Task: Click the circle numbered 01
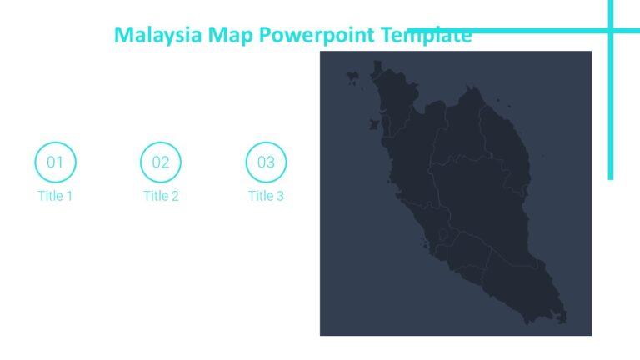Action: (x=55, y=162)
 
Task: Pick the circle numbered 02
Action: (x=161, y=162)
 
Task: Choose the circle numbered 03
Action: (x=266, y=162)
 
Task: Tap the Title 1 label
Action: (x=55, y=196)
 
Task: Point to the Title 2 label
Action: (x=161, y=196)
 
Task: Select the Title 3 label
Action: (x=266, y=196)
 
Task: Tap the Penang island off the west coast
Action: (x=373, y=124)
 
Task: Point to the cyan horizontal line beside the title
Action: (x=533, y=32)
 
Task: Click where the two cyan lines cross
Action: (x=611, y=32)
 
